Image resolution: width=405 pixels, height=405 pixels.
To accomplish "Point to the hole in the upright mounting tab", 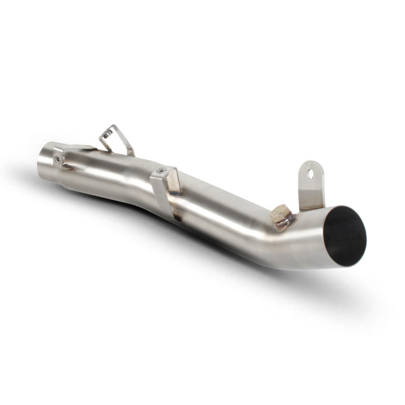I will point(310,173).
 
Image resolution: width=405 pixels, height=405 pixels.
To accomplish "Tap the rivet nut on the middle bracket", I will point(161,171).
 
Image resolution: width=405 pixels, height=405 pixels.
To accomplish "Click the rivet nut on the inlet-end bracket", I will point(59,159).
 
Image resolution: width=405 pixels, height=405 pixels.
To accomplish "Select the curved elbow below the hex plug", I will point(297,250).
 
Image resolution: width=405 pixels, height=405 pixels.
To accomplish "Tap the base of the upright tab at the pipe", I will point(312,203).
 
